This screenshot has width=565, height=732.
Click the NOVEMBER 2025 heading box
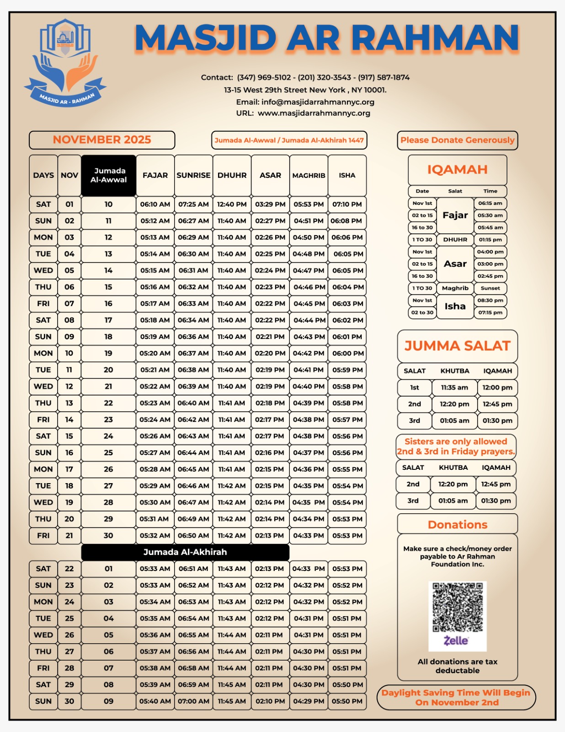(102, 140)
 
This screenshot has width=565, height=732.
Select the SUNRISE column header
(193, 175)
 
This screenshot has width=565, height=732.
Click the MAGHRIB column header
(309, 175)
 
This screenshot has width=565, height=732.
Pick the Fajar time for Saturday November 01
(155, 204)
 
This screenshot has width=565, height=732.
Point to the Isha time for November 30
(347, 701)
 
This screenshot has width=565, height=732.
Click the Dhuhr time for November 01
(232, 204)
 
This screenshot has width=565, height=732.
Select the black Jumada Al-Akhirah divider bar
(185, 552)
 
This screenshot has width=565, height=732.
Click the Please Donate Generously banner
(457, 140)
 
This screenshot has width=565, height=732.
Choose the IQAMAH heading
(457, 170)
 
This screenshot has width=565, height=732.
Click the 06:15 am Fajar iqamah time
(490, 203)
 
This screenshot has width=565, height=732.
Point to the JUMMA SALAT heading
(457, 346)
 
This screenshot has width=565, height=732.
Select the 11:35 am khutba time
(454, 388)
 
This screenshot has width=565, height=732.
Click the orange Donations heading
(457, 525)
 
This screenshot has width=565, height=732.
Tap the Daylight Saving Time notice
(456, 697)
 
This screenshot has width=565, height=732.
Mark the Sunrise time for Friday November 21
(193, 535)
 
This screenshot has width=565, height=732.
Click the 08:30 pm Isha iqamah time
(490, 301)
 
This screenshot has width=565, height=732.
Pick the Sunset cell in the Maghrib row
(490, 288)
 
